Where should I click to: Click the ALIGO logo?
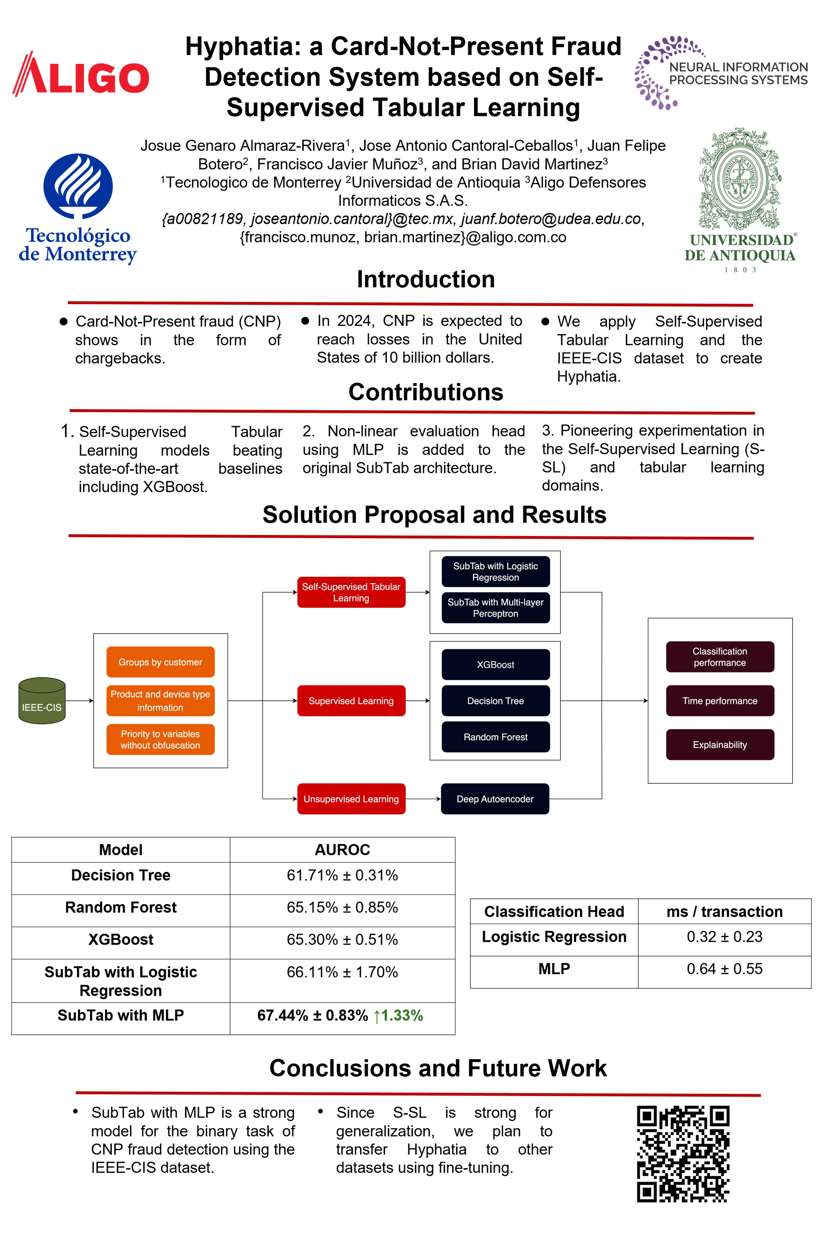click(x=81, y=75)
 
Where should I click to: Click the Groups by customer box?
click(x=160, y=662)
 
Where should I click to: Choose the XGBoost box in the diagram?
click(x=496, y=664)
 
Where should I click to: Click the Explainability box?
click(x=720, y=744)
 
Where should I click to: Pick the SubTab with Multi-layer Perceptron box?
click(x=496, y=608)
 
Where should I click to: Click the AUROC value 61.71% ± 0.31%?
click(x=342, y=875)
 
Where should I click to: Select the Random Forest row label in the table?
click(x=121, y=907)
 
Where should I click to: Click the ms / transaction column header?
click(x=724, y=912)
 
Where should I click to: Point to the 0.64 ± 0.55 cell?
click(x=724, y=969)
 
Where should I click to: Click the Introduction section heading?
click(x=426, y=279)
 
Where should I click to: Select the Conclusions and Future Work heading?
click(x=438, y=1068)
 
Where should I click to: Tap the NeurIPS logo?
click(x=721, y=72)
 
